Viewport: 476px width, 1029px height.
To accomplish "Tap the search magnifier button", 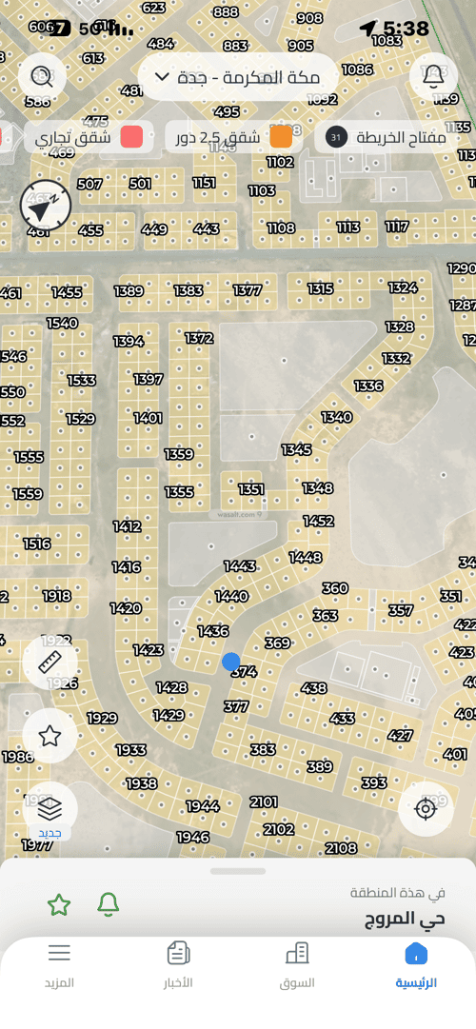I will coord(42,76).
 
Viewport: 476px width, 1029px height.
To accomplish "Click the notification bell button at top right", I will coord(434,76).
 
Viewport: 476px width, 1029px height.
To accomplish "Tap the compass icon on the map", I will coord(46,205).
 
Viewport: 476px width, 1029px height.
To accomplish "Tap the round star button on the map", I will coord(50,735).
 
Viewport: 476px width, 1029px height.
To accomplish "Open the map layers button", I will coord(50,809).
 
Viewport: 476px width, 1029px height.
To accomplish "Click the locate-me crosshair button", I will coord(426,809).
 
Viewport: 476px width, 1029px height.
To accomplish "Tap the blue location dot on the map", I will coord(230,661).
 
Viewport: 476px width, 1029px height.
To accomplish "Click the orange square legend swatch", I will coord(281,137).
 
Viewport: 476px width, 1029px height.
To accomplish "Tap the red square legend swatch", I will coord(132,137).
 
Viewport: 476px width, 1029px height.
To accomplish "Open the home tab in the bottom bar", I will coord(416,963).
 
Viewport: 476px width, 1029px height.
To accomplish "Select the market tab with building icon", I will coord(297,963).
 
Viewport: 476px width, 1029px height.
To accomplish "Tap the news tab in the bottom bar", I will coord(178,963).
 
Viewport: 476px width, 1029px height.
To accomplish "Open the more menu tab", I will coord(59,963).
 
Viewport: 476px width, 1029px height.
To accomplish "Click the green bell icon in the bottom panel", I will coord(109,905).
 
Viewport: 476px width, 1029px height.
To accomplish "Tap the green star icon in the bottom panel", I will coord(59,905).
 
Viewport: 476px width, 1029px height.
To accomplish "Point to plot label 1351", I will coord(251,489).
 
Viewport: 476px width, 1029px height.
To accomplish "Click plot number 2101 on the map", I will coord(264,802).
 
